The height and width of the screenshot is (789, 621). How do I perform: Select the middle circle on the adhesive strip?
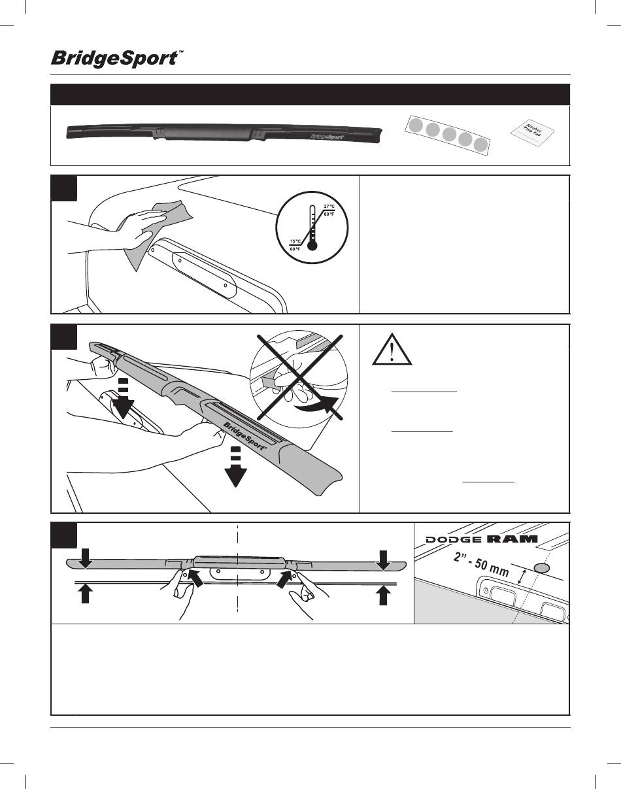(x=449, y=135)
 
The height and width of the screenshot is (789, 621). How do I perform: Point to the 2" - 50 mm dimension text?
(x=480, y=560)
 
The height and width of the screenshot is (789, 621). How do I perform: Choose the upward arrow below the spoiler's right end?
(x=384, y=596)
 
